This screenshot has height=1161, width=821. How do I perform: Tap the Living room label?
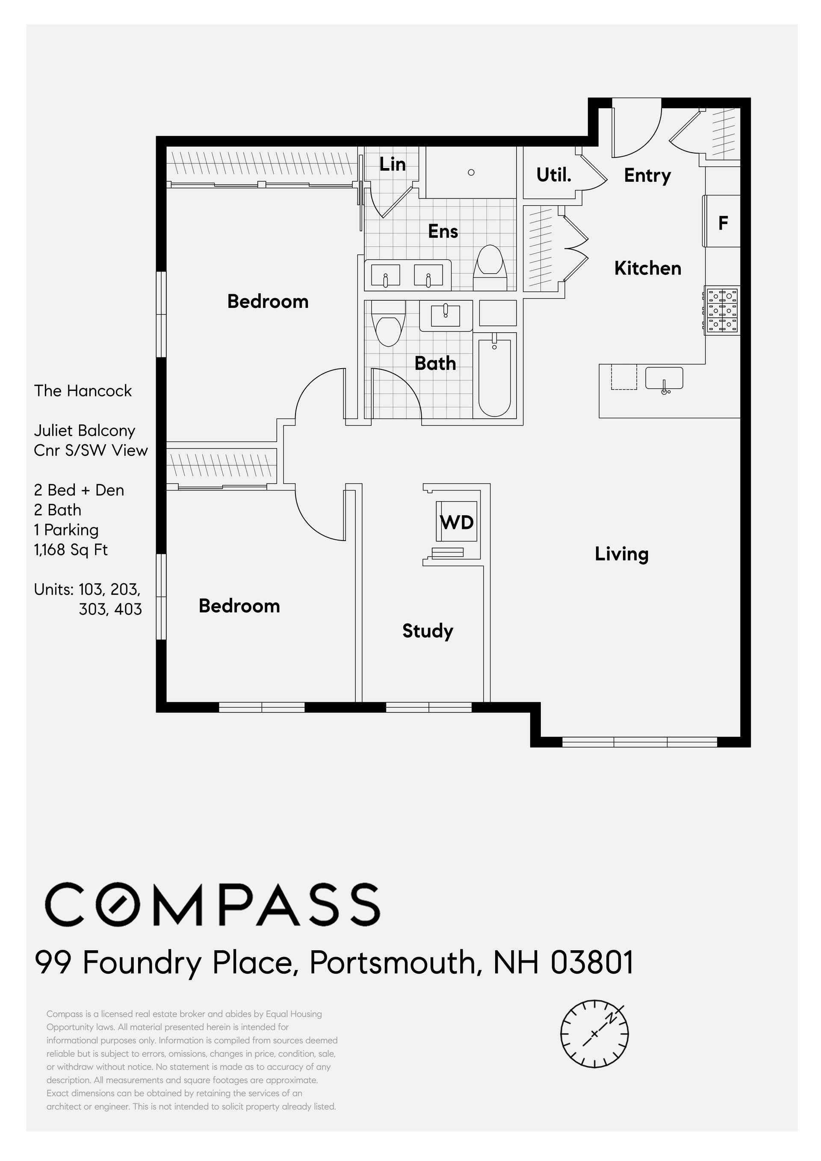621,554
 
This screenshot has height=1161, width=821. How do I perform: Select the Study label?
428,631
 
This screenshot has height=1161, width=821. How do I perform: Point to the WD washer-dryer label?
457,522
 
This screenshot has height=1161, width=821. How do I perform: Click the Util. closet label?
554,175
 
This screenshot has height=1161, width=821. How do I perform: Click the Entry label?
647,175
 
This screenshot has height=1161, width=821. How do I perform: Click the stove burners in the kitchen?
722,310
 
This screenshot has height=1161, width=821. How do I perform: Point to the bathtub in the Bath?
494,377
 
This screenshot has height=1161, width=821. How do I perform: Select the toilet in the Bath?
388,324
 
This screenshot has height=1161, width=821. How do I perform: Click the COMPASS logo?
213,904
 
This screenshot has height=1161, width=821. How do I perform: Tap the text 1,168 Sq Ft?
71,549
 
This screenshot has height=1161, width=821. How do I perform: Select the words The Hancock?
83,390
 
